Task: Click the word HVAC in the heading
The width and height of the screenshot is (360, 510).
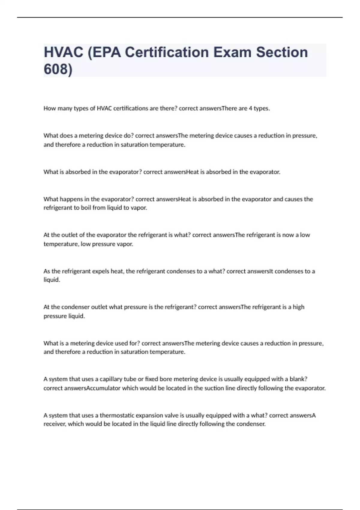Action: pyautogui.click(x=63, y=52)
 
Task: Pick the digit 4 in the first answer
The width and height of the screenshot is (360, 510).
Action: pyautogui.click(x=250, y=108)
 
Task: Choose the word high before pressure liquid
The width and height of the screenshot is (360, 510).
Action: pyautogui.click(x=298, y=307)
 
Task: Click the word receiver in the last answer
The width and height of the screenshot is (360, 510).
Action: pyautogui.click(x=54, y=424)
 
